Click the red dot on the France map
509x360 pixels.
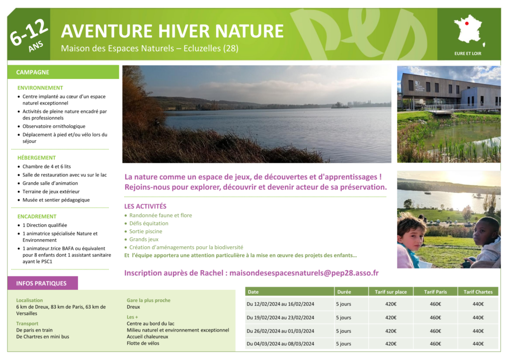[467, 23]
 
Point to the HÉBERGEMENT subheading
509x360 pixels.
[36, 158]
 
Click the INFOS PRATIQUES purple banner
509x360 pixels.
[43, 283]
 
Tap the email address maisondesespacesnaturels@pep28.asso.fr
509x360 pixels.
[304, 272]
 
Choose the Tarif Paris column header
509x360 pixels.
[435, 292]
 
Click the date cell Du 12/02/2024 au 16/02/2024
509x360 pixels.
[280, 304]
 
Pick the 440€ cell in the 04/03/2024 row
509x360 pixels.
[478, 344]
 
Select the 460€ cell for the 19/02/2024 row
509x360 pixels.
[435, 317]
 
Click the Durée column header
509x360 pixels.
[344, 292]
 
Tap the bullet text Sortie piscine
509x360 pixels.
[146, 231]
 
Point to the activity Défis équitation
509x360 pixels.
[149, 223]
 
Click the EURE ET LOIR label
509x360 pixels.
[468, 54]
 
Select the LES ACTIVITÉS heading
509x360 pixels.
[145, 206]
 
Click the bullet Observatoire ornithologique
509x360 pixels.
[54, 126]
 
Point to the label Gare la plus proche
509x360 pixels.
[148, 300]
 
